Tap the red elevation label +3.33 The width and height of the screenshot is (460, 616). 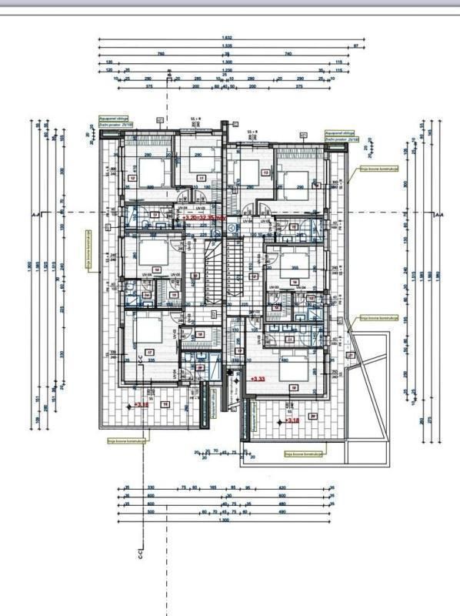point(258,378)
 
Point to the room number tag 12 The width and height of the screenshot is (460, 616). point(132,178)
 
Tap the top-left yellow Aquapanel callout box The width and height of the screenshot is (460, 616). point(109,121)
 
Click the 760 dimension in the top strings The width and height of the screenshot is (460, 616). point(161,54)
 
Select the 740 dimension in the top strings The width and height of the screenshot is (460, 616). point(288,54)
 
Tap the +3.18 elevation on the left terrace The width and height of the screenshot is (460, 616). point(141,403)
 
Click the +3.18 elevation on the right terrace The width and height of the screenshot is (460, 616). point(292,420)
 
